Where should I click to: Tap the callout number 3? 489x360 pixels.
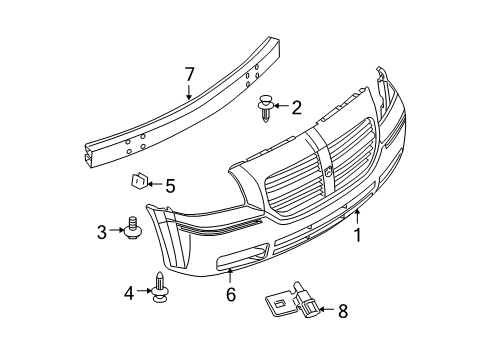click(102, 231)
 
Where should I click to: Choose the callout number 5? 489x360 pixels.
click(170, 185)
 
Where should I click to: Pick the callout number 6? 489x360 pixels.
click(230, 294)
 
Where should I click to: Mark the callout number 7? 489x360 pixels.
click(188, 72)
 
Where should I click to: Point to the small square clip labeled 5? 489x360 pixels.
click(139, 182)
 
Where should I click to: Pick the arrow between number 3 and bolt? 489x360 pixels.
click(115, 231)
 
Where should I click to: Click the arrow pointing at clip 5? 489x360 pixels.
click(156, 185)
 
